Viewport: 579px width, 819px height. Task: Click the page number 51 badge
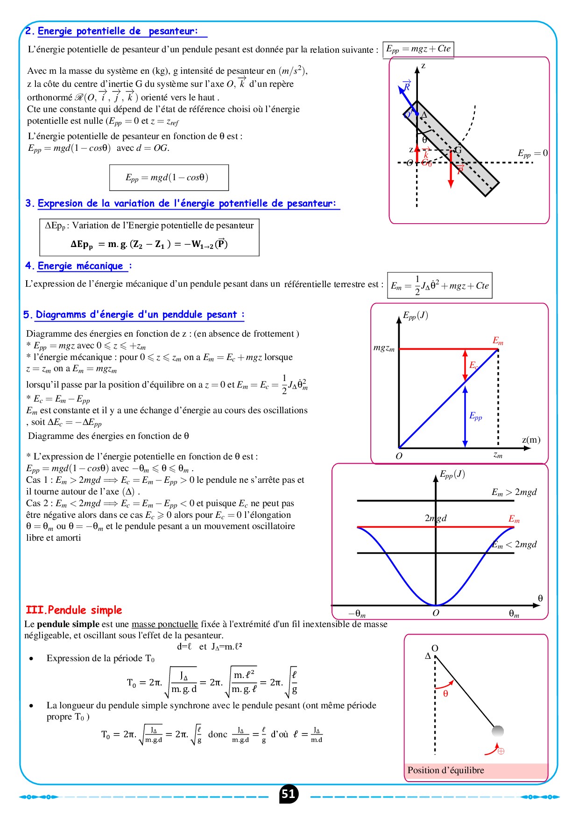[288, 794]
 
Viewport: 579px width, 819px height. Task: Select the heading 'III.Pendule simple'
[74, 610]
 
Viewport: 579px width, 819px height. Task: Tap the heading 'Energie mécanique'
[80, 266]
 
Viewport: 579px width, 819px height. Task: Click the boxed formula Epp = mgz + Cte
[418, 49]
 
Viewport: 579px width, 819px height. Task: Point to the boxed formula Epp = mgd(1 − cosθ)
[169, 177]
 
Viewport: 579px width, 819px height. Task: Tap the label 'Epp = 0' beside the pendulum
[532, 153]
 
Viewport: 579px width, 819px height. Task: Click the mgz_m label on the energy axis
[384, 348]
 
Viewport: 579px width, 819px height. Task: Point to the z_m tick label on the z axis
[498, 455]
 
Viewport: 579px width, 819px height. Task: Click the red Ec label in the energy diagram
[473, 365]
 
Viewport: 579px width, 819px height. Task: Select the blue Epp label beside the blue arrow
[475, 416]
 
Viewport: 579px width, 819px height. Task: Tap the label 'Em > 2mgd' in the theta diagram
[514, 492]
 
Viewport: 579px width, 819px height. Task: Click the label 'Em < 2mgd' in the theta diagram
[515, 544]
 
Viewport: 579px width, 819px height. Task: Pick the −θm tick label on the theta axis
[357, 614]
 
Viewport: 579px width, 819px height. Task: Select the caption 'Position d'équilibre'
[445, 770]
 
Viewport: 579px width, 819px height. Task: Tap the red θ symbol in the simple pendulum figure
[445, 694]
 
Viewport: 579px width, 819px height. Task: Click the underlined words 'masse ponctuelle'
[165, 624]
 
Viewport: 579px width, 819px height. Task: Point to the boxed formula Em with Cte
[439, 285]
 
